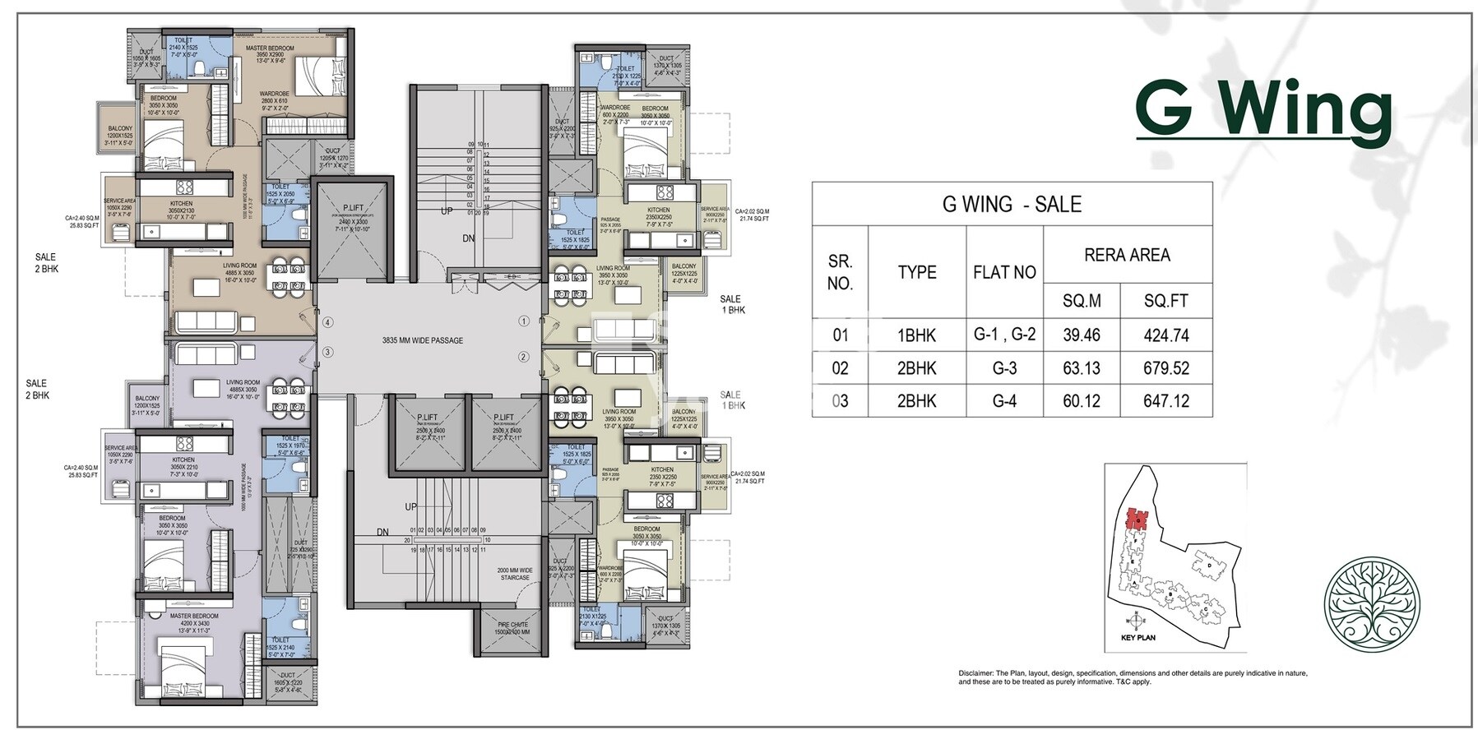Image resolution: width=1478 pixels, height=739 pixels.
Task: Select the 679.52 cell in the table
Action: [1165, 368]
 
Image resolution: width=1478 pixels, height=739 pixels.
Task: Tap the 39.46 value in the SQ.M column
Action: [1081, 335]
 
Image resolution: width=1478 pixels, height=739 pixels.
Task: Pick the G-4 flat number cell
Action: [1003, 401]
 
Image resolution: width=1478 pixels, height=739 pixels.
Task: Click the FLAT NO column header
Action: [1003, 272]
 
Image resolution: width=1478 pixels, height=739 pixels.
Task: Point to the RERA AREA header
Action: [1127, 255]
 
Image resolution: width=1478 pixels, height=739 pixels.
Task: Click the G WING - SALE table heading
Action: [1011, 205]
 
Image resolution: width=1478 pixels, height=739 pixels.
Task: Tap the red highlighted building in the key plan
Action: [1137, 519]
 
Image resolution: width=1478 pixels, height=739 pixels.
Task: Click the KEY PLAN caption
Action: [1137, 638]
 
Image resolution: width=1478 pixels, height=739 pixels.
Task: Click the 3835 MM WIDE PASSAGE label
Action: [422, 340]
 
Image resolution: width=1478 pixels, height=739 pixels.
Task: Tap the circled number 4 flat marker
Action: [327, 323]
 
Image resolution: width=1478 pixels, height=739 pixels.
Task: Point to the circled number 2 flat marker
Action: [523, 357]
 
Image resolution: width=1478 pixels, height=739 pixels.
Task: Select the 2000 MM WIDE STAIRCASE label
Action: [515, 574]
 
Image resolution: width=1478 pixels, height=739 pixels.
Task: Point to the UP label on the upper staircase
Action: [447, 211]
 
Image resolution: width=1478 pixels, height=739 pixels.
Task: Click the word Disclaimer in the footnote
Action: [975, 673]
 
